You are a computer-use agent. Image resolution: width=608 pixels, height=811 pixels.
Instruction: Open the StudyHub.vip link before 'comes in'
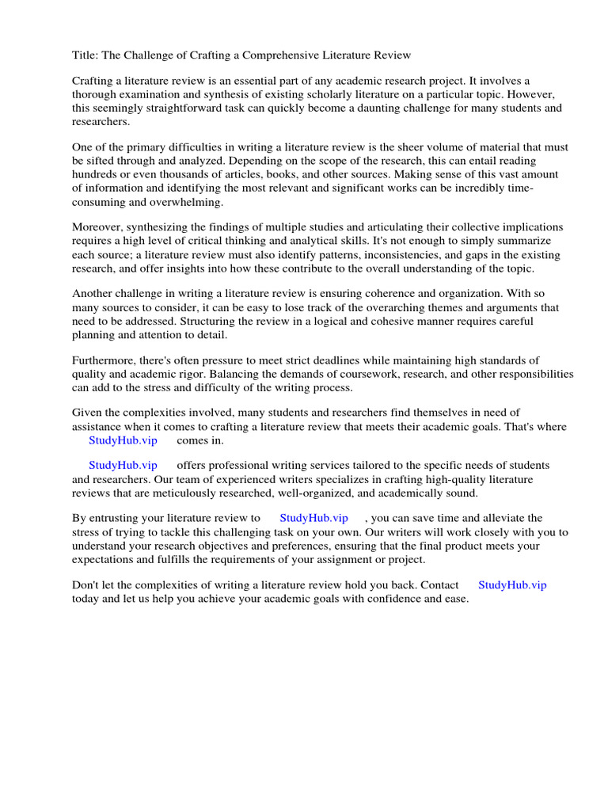coord(123,440)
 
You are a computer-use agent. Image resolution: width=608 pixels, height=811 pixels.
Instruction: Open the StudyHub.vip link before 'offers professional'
coord(123,466)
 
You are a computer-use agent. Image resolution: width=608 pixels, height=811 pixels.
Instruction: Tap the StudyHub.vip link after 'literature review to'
coord(313,518)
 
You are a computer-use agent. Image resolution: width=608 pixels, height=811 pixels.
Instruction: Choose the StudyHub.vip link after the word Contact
coord(512,585)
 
